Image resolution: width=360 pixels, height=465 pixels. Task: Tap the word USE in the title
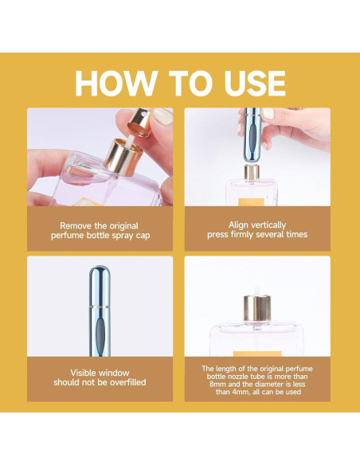pyautogui.click(x=255, y=84)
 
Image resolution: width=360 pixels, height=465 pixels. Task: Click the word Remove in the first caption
pyautogui.click(x=76, y=225)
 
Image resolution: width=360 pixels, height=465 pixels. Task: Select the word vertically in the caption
pyautogui.click(x=268, y=225)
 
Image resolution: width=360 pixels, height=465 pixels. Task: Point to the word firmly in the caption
pyautogui.click(x=243, y=235)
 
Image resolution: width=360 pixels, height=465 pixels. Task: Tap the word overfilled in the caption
pyautogui.click(x=128, y=382)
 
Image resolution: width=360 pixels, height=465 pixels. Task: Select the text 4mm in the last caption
pyautogui.click(x=237, y=392)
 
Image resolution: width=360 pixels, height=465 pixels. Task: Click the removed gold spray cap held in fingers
pyautogui.click(x=139, y=123)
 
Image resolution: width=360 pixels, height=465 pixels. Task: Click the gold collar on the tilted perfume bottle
pyautogui.click(x=123, y=157)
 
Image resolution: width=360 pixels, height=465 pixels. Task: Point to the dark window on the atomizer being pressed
pyautogui.click(x=252, y=138)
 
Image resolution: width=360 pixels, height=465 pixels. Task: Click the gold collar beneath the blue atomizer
pyautogui.click(x=252, y=173)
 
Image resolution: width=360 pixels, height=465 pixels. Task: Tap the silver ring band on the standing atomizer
pyautogui.click(x=100, y=307)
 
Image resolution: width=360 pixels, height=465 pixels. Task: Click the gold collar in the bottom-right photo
pyautogui.click(x=257, y=308)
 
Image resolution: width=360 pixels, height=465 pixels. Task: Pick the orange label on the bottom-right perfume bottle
pyautogui.click(x=257, y=354)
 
